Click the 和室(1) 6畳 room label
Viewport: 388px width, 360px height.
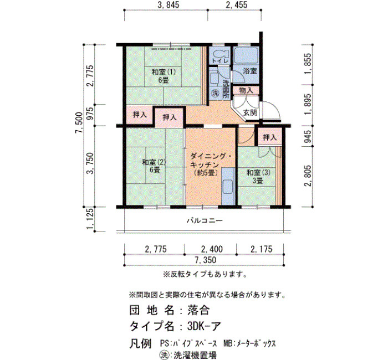click(164, 76)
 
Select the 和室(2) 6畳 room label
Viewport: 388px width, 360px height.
click(154, 166)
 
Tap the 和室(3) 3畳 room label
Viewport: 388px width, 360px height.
click(259, 177)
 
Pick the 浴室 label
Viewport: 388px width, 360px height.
click(249, 71)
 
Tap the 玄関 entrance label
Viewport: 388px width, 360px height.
click(250, 112)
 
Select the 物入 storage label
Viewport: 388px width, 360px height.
click(246, 90)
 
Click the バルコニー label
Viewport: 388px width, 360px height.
click(205, 220)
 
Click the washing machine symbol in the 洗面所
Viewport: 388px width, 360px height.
click(216, 93)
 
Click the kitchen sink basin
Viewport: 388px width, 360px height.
click(228, 187)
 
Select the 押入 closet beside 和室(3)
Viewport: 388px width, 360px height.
click(270, 137)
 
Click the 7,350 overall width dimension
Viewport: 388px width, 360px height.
click(205, 260)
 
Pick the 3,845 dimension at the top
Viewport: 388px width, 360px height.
click(169, 4)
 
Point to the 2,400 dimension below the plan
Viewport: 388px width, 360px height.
click(212, 249)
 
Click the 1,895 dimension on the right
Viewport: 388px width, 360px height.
click(308, 104)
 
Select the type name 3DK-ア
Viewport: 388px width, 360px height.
click(203, 326)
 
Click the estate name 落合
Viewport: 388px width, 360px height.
click(198, 310)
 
